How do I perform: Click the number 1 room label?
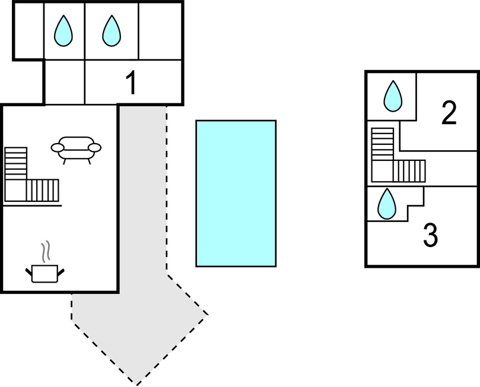click(x=131, y=83)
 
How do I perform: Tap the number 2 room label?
click(x=449, y=113)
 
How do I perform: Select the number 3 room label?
click(x=431, y=236)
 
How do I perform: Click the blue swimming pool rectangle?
click(x=236, y=193)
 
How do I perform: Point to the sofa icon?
click(x=76, y=148)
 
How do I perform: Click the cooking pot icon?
click(x=44, y=273)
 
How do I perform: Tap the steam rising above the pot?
click(x=44, y=252)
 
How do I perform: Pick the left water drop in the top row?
click(x=63, y=30)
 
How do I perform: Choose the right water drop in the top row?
click(x=111, y=30)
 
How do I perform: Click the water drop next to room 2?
click(x=392, y=96)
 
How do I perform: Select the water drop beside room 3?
click(x=387, y=204)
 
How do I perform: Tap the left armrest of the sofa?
click(x=58, y=147)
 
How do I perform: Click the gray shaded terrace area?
click(x=143, y=237)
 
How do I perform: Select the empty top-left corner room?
click(x=29, y=30)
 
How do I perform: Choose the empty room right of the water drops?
click(x=160, y=30)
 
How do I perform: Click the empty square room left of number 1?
click(x=65, y=82)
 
